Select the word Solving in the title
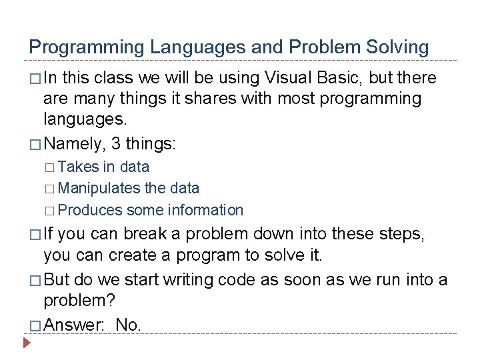tap(398, 47)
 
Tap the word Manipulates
tap(99, 189)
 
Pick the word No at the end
tap(127, 325)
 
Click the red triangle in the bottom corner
tap(27, 345)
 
